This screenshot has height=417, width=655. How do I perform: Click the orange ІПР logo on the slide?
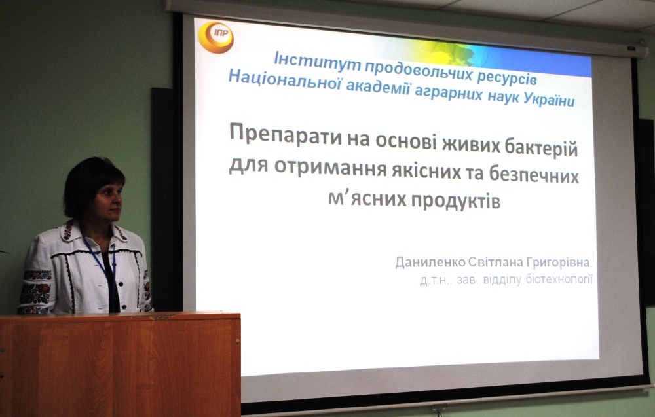pos(215,37)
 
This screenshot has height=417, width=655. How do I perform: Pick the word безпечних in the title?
pos(534,175)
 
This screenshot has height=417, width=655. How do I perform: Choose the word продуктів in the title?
pos(456,201)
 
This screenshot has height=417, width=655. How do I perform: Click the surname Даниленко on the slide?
pos(430,262)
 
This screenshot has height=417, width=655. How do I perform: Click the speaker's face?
pos(108,202)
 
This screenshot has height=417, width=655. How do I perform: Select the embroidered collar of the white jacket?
pos(93,232)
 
